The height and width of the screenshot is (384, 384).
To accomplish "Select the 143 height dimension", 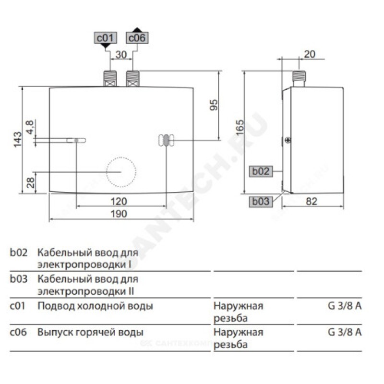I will pos(18,139).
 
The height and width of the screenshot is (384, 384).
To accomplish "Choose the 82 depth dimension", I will pos(311,202).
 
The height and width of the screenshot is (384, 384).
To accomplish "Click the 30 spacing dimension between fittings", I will pos(121,55).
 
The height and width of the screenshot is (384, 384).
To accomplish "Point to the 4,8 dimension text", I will pos(30,129).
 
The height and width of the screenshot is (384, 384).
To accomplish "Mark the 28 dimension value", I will pos(30,183).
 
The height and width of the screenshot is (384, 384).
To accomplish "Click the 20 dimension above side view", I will pos(309,55).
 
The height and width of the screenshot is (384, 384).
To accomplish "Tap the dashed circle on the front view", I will pos(121,171).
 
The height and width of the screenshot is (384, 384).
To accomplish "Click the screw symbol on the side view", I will pos(287,140).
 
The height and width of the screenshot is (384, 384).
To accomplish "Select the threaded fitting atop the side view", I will pos(300,78).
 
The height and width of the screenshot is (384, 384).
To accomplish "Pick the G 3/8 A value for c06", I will pos(345,332).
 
